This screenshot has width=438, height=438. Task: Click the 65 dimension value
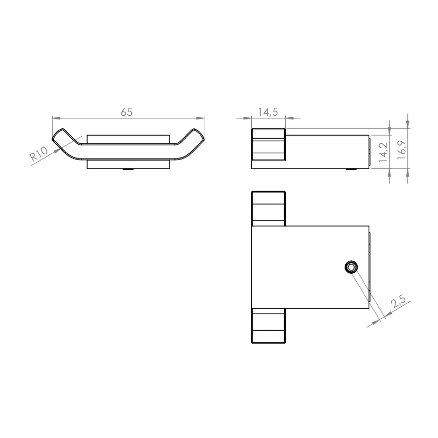point(126,112)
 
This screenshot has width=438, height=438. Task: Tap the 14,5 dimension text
point(268,112)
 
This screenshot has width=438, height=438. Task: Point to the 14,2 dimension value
point(383,152)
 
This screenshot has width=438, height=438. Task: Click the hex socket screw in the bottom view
point(351,268)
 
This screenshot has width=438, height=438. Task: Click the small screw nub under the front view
point(128,169)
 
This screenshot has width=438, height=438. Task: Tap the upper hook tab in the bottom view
point(268,208)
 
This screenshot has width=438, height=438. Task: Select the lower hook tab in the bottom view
point(268,326)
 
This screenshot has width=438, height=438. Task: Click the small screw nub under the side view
point(351,169)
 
